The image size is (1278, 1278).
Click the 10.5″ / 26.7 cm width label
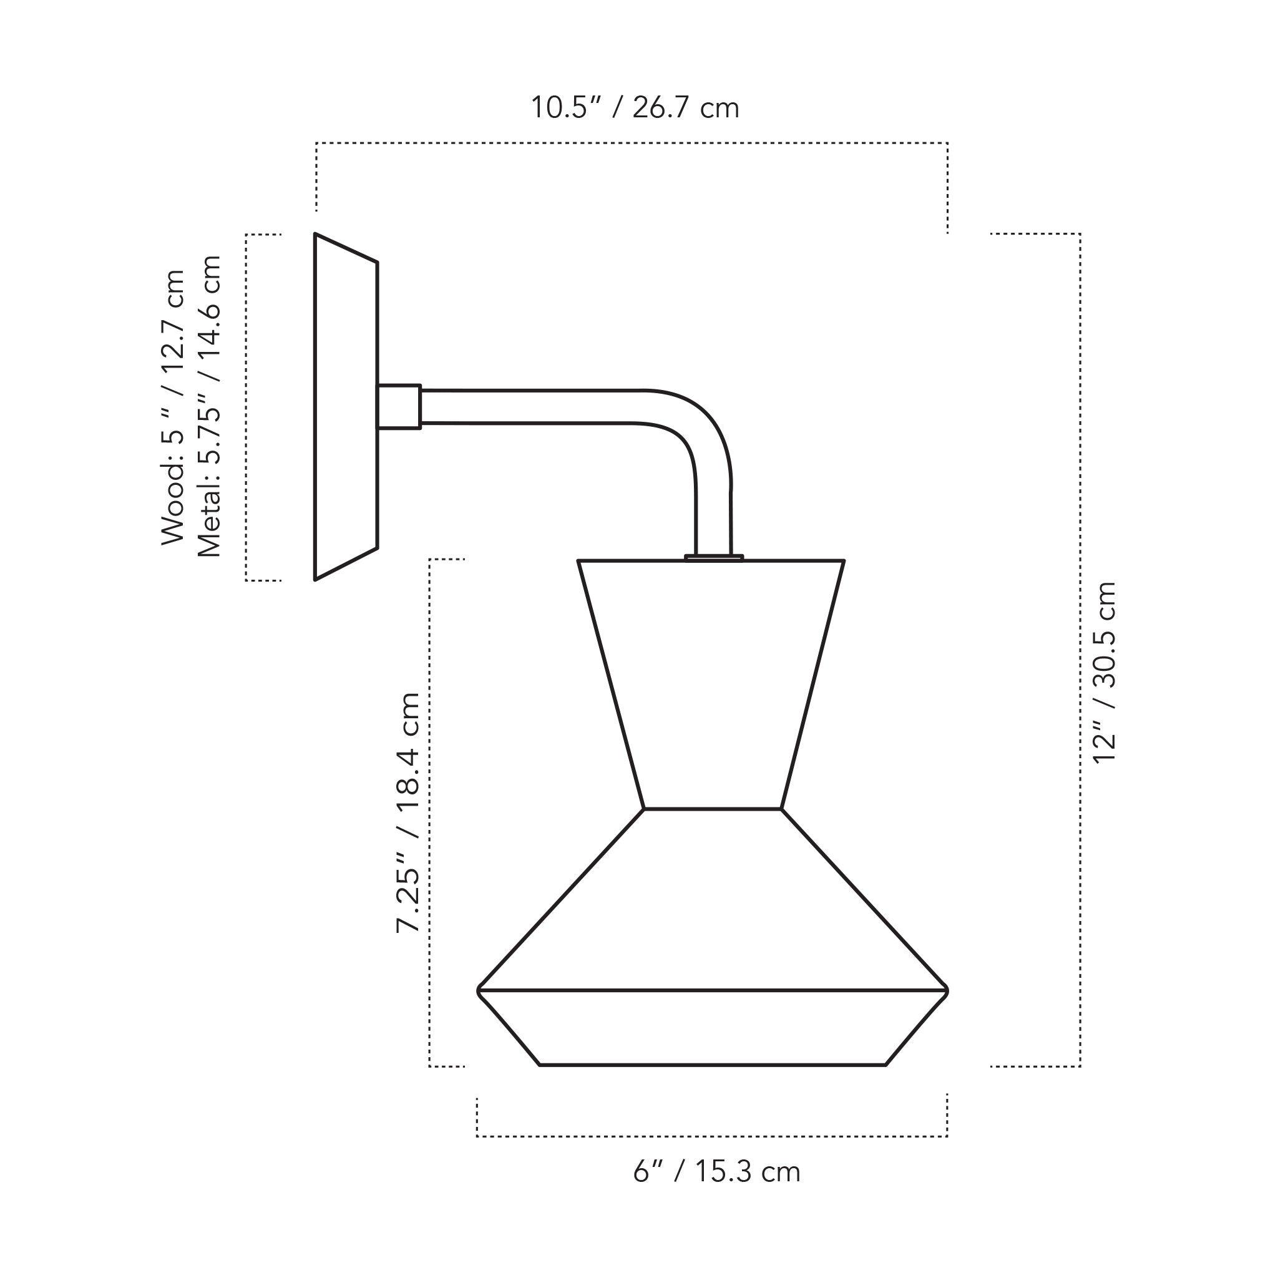(x=635, y=108)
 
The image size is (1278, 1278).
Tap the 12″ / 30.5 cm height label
(x=1104, y=673)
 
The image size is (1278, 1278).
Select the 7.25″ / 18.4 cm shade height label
(x=407, y=813)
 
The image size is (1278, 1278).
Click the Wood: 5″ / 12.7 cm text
(x=173, y=407)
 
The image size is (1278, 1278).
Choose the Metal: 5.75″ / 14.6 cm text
(x=210, y=406)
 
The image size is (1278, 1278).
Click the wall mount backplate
(x=345, y=406)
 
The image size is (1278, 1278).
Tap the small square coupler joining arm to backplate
(x=399, y=407)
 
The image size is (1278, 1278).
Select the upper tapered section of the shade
(x=711, y=681)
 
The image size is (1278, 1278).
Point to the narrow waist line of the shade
(x=712, y=808)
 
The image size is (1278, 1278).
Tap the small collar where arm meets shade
(x=714, y=557)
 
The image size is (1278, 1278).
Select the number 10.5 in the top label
(x=560, y=108)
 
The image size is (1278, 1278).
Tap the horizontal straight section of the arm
(x=529, y=407)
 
